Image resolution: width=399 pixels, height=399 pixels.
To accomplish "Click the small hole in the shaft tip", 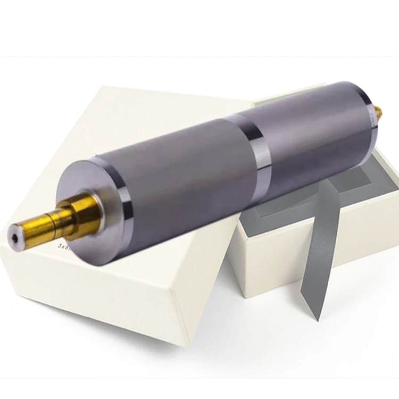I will point(12,234).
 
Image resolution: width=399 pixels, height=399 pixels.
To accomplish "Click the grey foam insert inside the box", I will point(367,176).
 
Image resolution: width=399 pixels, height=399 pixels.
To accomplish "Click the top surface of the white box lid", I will point(133,117).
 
